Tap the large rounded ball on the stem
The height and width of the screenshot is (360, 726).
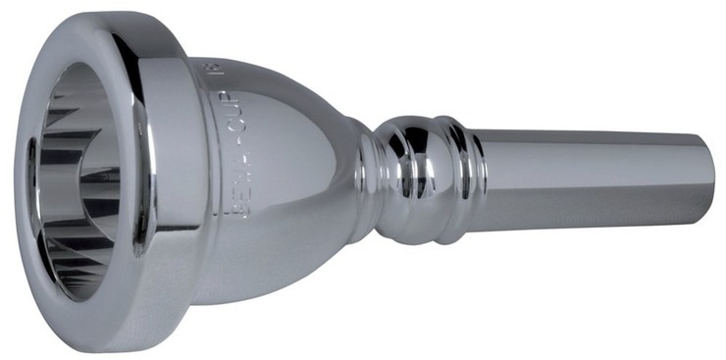coord(412,177)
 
